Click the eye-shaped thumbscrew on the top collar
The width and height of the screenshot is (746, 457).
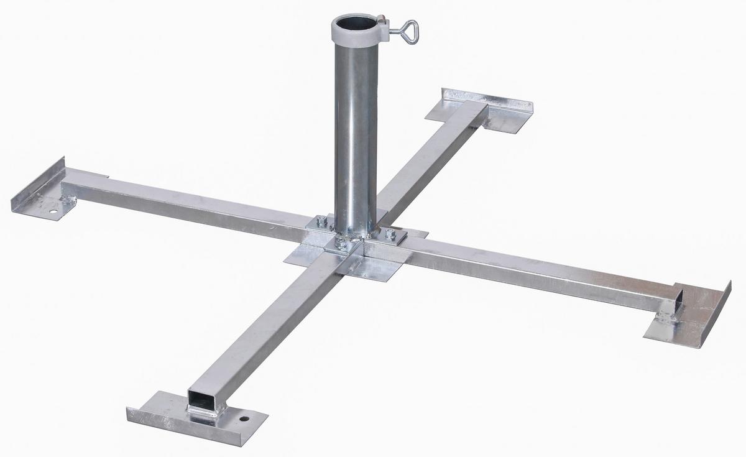click(408, 32)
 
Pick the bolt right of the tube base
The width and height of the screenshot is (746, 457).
click(390, 234)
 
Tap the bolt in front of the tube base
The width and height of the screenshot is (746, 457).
click(341, 244)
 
